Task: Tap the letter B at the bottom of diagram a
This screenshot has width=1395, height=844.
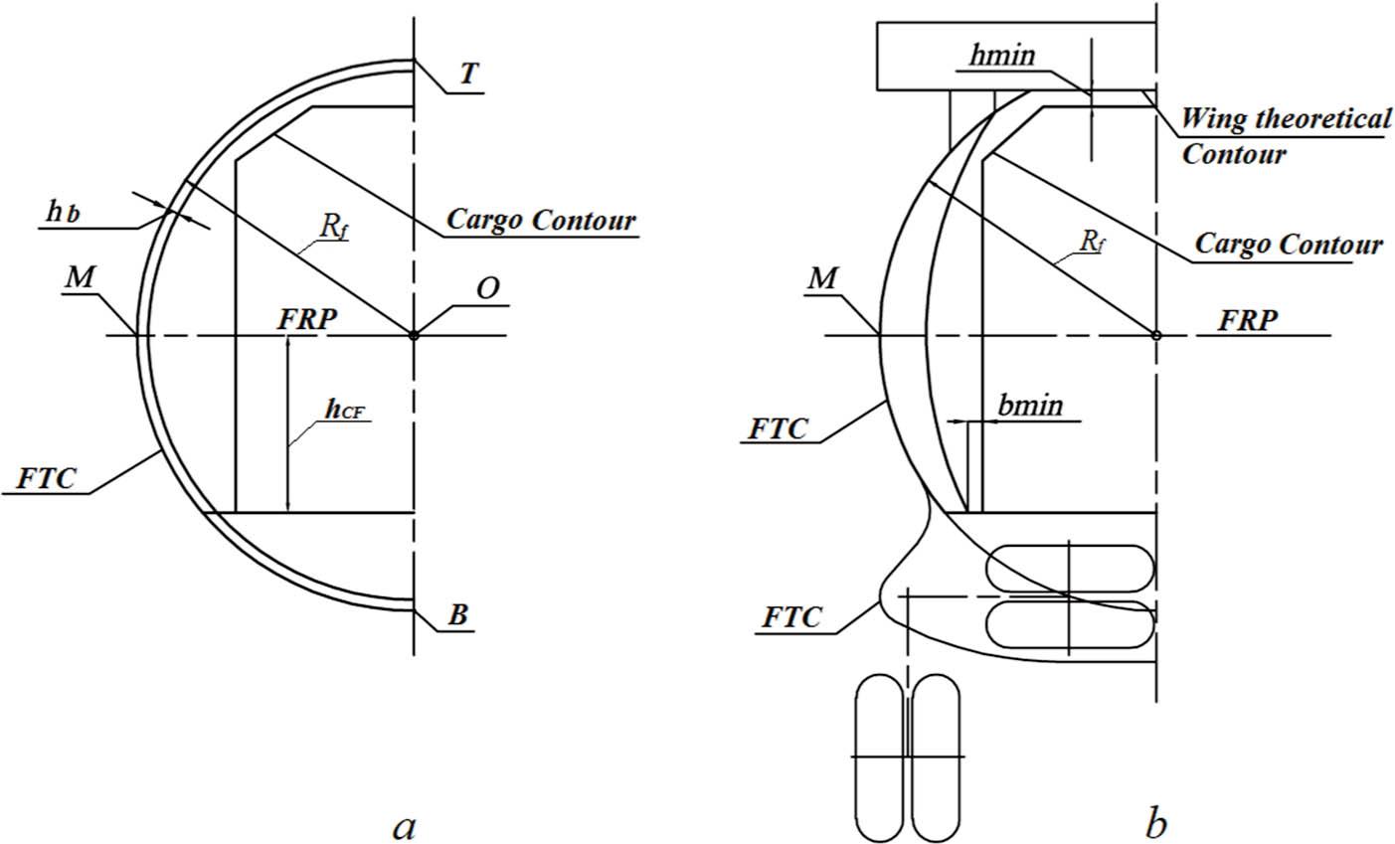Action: pos(457,615)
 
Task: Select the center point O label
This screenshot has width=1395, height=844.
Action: pos(486,288)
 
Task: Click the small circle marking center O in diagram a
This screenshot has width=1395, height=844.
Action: pos(414,335)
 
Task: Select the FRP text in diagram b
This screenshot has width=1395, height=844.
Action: pos(1250,322)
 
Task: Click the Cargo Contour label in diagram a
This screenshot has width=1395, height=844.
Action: pos(540,219)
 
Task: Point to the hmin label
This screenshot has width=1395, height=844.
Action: pos(1001,56)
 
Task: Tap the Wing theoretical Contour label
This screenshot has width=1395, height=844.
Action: pos(1285,136)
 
